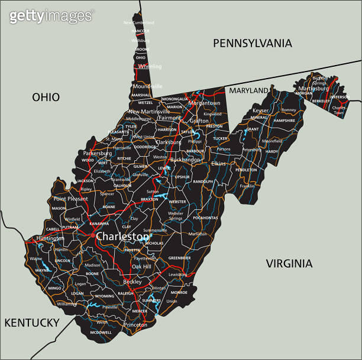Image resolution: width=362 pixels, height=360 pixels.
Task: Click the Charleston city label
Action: [x=122, y=236]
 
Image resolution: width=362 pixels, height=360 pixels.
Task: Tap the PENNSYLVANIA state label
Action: [x=252, y=43]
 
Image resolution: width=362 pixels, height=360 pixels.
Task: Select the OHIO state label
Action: [x=46, y=97]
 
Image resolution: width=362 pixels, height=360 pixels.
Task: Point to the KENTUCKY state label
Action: [x=32, y=322]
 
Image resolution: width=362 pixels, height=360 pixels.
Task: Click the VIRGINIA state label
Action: [x=288, y=263]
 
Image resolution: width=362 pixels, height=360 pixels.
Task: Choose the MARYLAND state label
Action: [x=248, y=90]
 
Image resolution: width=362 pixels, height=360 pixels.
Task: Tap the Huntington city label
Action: [x=50, y=238]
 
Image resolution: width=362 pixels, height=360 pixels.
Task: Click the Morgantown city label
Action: [x=204, y=103]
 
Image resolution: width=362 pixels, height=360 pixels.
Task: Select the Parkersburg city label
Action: [x=98, y=153]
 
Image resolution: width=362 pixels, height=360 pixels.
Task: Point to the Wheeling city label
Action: [x=150, y=67]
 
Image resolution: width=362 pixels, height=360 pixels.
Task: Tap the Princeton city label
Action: [x=135, y=325]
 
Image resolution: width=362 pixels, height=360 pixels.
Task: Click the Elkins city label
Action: [x=218, y=163]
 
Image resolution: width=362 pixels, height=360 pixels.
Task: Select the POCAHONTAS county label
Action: [x=205, y=218]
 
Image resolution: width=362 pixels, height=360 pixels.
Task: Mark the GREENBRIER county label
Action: [x=179, y=258]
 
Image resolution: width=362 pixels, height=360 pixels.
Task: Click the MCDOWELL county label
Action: [x=101, y=332]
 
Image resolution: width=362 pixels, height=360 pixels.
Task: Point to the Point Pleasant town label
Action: [x=70, y=199]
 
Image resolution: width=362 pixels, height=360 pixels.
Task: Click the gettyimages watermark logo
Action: [x=51, y=15]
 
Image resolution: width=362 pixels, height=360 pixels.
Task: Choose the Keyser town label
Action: [x=260, y=111]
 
